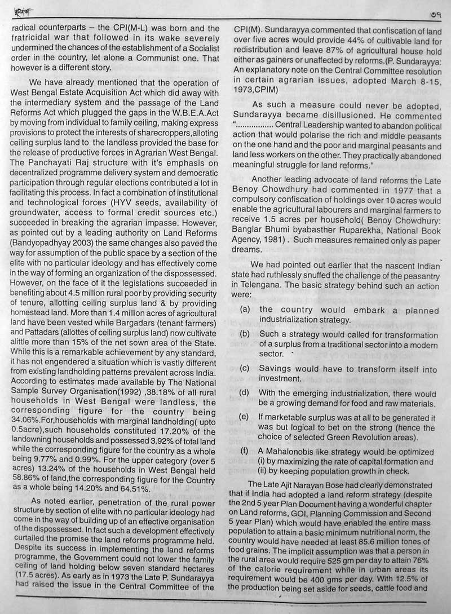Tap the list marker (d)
(x=245, y=393)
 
